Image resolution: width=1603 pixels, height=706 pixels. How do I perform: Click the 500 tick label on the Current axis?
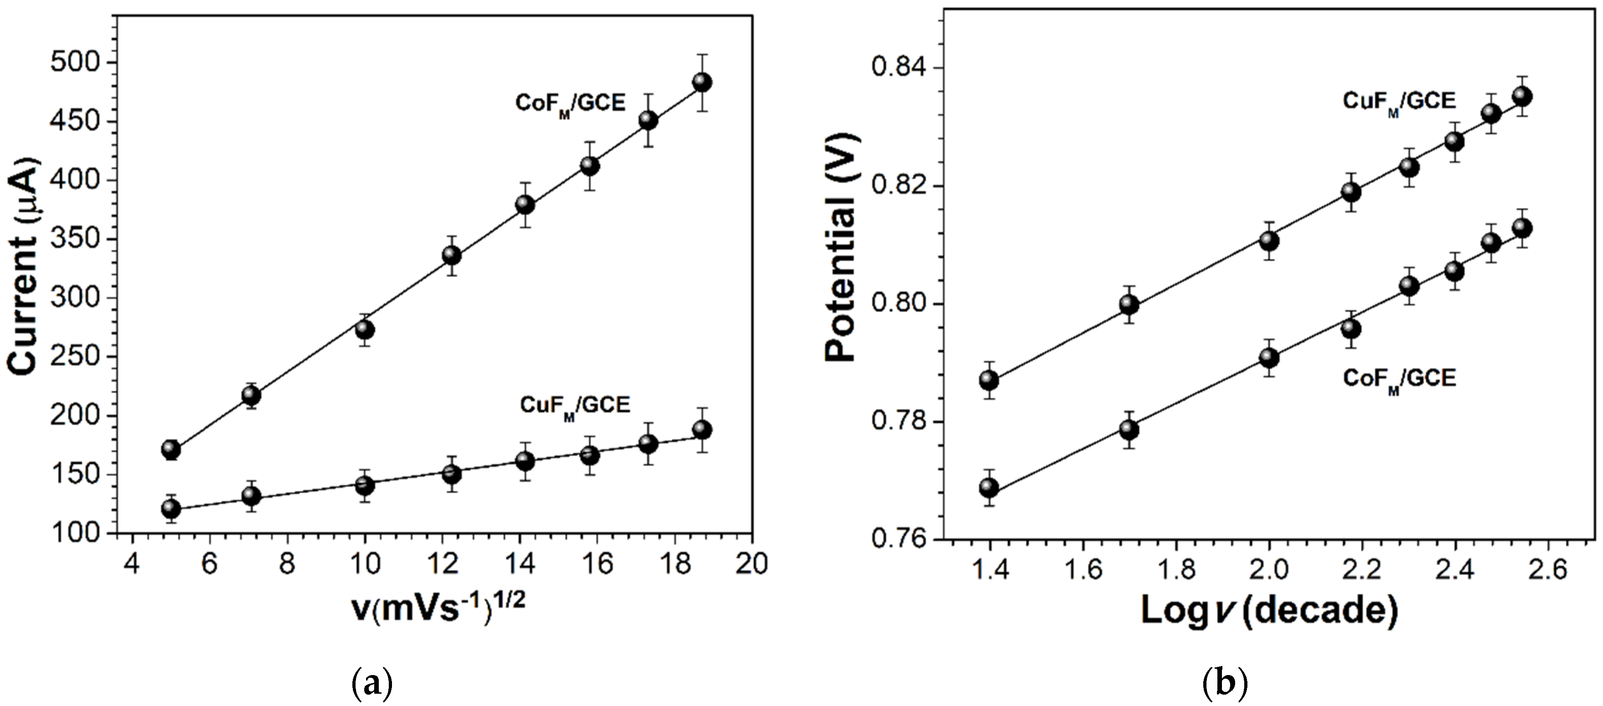75,63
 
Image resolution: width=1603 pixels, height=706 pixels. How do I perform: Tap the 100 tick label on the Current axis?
75,533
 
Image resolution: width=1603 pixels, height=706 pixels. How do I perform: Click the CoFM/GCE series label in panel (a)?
570,103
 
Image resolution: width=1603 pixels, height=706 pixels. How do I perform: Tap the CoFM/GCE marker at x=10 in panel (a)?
365,330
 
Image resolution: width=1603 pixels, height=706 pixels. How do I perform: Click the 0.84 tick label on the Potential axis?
898,68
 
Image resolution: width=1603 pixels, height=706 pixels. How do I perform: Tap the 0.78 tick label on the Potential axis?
898,422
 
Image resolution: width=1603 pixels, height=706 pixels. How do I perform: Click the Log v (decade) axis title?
1269,611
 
